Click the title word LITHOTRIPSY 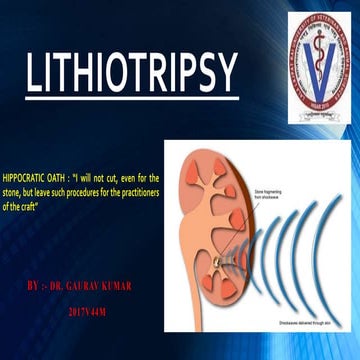(130, 73)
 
